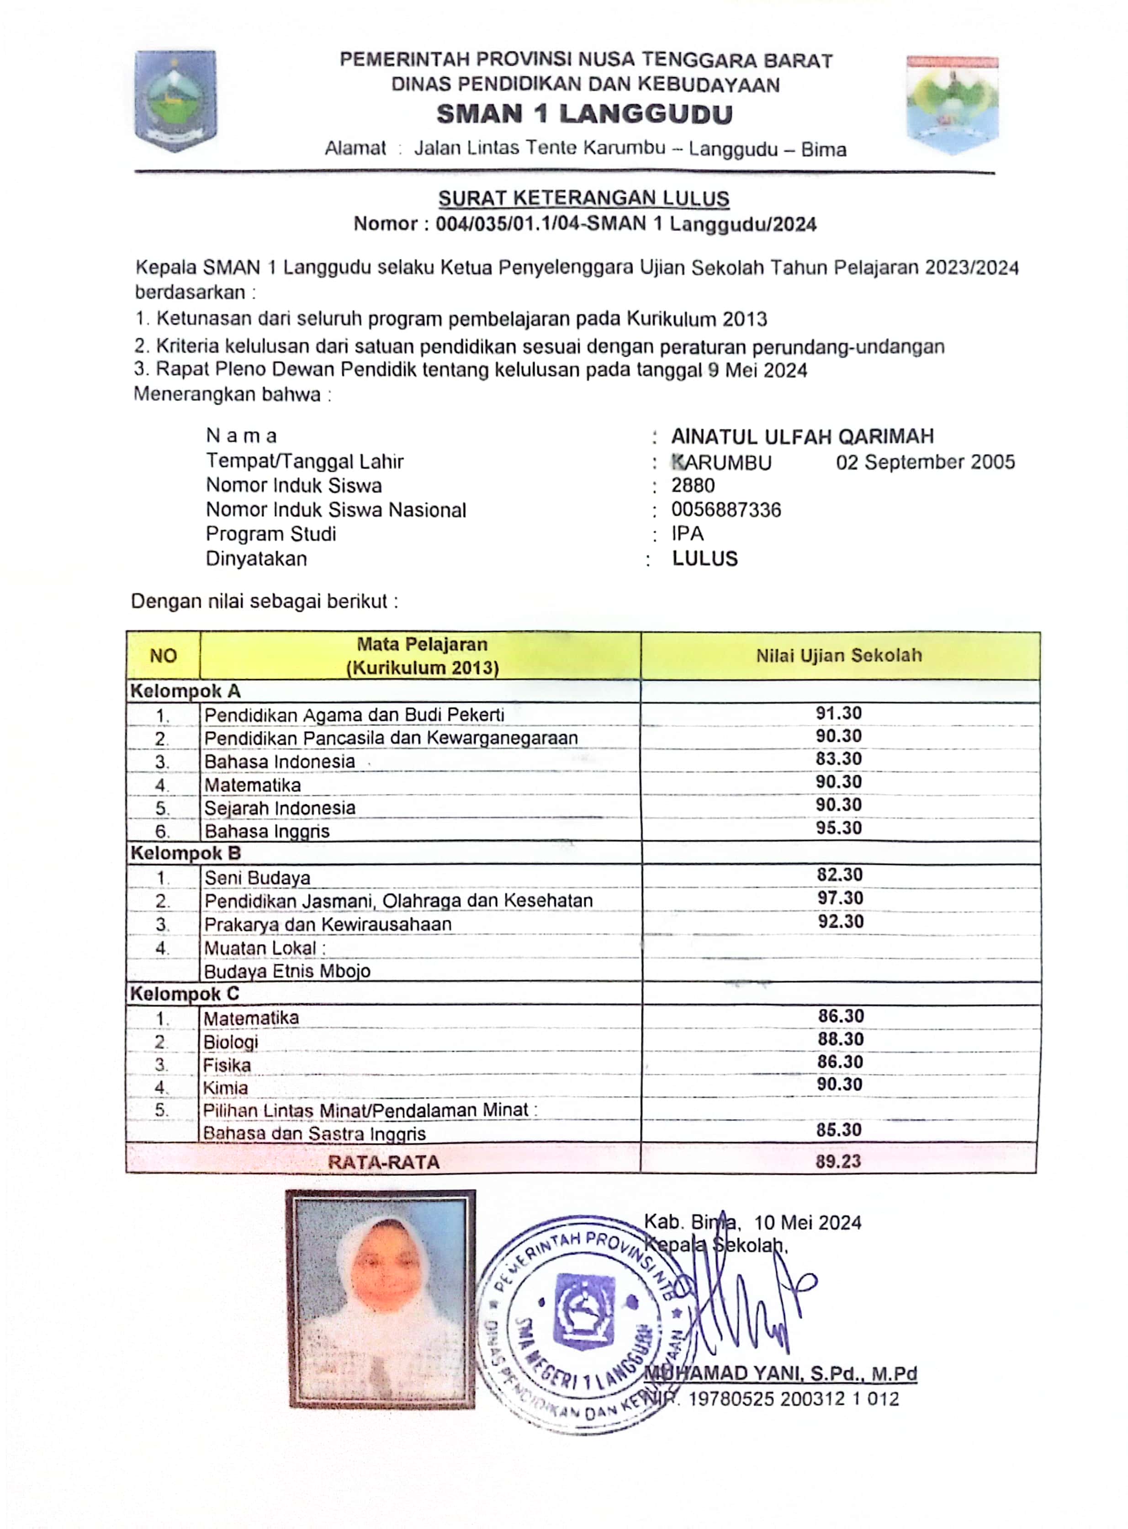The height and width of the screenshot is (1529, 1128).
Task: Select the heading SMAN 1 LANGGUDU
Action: [x=584, y=114]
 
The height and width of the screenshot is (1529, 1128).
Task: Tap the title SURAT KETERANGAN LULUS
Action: [x=584, y=199]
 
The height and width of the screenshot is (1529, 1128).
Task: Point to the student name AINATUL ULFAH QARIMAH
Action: [x=802, y=437]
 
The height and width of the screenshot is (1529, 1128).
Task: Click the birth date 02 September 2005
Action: [x=925, y=463]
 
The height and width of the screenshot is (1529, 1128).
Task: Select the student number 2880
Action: [x=693, y=486]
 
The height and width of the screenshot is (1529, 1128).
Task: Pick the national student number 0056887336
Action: [x=726, y=510]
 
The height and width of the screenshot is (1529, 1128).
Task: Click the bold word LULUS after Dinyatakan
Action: [x=704, y=559]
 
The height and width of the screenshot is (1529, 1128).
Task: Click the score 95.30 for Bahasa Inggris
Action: [x=838, y=828]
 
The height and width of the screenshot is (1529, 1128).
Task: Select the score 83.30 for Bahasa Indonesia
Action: [x=838, y=759]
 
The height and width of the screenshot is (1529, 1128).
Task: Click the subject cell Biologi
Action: [x=231, y=1042]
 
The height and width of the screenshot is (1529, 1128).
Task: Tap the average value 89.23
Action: [x=838, y=1161]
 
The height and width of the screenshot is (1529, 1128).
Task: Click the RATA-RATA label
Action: [x=384, y=1162]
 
